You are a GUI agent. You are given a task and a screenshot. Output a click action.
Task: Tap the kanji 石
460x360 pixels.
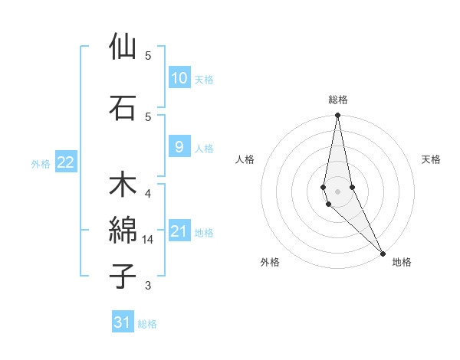point(123,107)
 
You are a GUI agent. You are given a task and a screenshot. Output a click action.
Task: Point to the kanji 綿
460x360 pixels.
point(123,230)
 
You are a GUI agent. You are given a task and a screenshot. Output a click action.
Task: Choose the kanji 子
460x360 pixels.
point(123,276)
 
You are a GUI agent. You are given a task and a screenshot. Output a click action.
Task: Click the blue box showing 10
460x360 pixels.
point(179,78)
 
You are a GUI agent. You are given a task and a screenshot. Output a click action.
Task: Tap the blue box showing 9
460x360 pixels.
point(179,147)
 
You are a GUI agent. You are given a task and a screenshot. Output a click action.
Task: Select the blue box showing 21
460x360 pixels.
point(179,231)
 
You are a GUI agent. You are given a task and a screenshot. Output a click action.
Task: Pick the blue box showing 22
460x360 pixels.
point(66,162)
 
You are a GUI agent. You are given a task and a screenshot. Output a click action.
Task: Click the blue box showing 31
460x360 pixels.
point(123,322)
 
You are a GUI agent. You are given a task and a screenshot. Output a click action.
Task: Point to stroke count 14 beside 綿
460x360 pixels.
point(148,240)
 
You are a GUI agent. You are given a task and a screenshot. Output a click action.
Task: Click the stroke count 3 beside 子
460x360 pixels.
point(148,286)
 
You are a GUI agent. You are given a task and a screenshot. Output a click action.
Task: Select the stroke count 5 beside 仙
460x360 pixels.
point(148,56)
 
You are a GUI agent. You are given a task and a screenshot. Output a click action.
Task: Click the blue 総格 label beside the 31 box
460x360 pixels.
point(147,324)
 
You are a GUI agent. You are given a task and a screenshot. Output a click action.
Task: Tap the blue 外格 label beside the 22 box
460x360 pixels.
point(41,163)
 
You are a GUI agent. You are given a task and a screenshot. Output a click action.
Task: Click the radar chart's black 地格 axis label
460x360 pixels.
point(402,263)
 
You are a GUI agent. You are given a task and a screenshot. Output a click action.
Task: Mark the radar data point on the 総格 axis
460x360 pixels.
point(337,116)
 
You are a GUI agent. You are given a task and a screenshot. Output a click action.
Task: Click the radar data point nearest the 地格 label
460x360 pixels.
point(383,252)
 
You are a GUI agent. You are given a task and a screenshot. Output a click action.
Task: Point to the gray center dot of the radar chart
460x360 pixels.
point(337,191)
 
